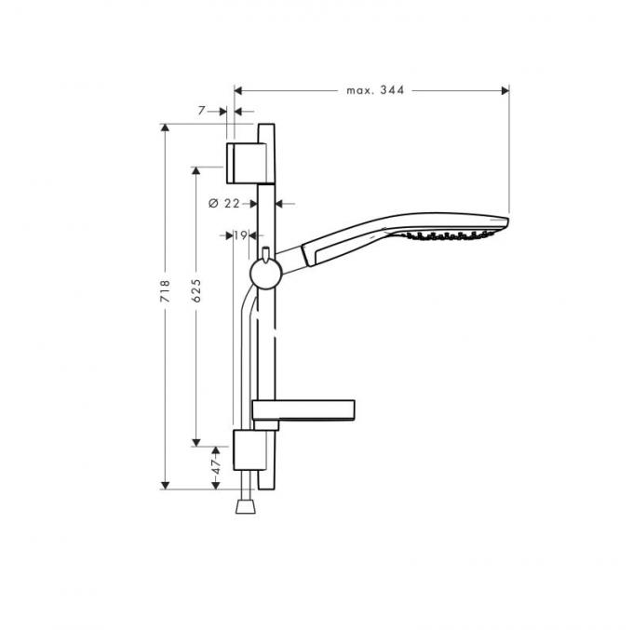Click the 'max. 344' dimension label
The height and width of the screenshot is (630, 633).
click(x=375, y=90)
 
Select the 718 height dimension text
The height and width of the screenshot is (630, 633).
click(x=165, y=290)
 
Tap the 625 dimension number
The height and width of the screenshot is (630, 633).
click(x=196, y=290)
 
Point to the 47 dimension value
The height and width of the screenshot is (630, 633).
click(x=216, y=467)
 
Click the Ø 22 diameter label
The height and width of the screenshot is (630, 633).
click(x=224, y=204)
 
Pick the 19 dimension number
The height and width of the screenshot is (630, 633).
click(x=240, y=235)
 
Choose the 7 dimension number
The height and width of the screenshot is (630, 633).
click(x=202, y=110)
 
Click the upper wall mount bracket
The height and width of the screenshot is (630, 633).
click(x=247, y=163)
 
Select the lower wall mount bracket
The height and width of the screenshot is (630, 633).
click(x=249, y=450)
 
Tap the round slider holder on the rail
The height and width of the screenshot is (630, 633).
click(x=265, y=274)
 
